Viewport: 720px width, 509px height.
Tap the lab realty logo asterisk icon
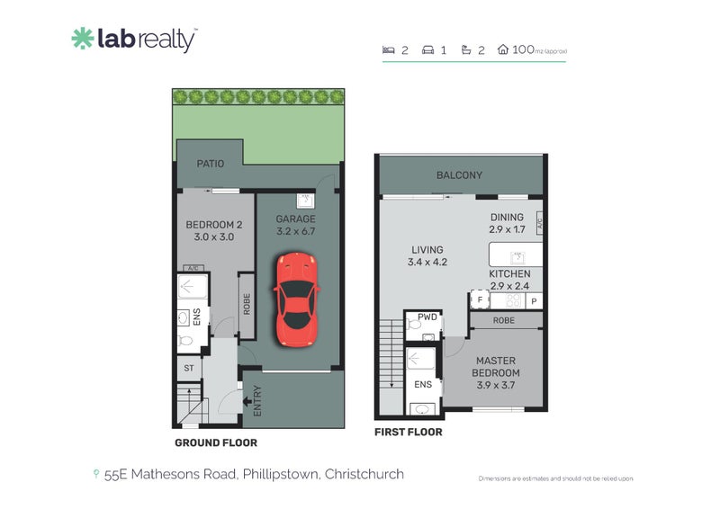tap(82, 39)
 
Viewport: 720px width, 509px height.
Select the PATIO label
tap(211, 164)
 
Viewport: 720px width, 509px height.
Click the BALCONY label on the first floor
tap(459, 175)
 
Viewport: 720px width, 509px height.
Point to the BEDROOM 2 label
tap(214, 225)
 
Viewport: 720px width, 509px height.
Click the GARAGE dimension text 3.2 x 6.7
tap(296, 231)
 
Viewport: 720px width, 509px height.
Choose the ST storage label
tap(189, 369)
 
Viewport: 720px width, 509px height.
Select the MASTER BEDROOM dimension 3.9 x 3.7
tap(497, 385)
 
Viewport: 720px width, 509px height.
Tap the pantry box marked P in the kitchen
tap(534, 300)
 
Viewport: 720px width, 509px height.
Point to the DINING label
tap(508, 218)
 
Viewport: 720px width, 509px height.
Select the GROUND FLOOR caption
tap(215, 442)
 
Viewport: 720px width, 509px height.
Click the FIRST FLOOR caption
tap(408, 433)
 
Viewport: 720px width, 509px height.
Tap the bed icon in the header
tap(388, 50)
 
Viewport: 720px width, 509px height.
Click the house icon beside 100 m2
tap(503, 50)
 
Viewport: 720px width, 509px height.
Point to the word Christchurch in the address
tap(364, 474)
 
